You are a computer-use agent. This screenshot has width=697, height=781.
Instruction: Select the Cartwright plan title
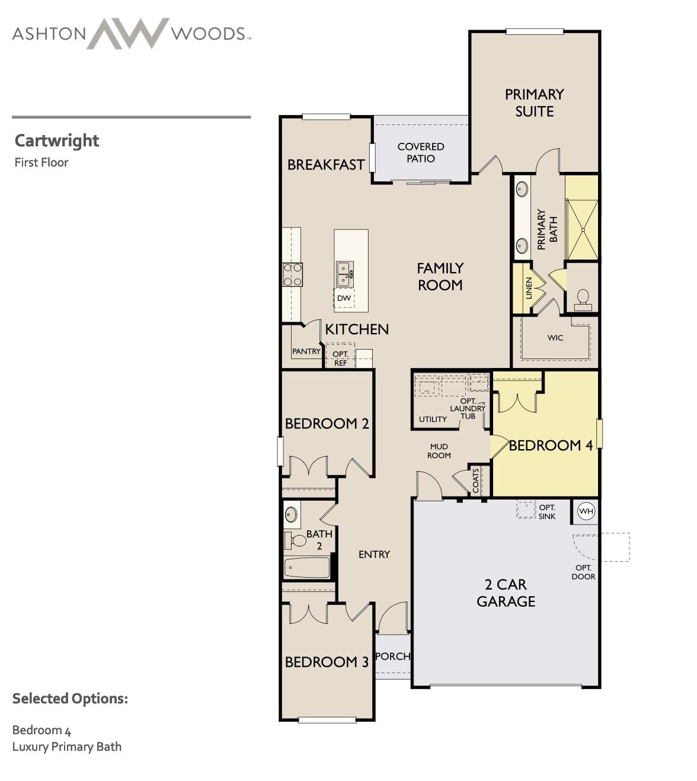click(x=57, y=140)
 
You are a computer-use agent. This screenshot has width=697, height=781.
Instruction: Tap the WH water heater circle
click(x=586, y=511)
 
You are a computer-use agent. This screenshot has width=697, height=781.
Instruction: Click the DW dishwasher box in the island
click(x=344, y=298)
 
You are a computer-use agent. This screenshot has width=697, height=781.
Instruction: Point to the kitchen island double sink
click(x=345, y=274)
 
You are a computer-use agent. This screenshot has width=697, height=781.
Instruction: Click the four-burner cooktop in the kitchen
click(x=292, y=274)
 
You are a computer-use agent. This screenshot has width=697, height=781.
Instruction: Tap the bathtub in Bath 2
click(x=306, y=568)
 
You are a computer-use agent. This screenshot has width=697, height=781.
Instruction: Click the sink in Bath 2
click(x=291, y=514)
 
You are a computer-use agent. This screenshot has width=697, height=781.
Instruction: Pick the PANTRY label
click(x=306, y=351)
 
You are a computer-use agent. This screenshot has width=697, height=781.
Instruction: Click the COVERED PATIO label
click(x=421, y=152)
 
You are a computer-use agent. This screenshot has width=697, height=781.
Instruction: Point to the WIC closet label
click(x=555, y=338)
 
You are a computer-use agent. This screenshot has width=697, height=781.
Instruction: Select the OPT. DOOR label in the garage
click(x=583, y=572)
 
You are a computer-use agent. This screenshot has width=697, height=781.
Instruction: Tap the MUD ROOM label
click(x=439, y=451)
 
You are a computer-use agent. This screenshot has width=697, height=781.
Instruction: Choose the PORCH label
click(x=393, y=656)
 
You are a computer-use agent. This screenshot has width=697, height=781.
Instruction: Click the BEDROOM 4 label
click(x=551, y=446)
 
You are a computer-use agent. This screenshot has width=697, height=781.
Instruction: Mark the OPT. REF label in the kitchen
click(x=340, y=359)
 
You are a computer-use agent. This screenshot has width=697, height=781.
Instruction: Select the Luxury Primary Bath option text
click(x=67, y=747)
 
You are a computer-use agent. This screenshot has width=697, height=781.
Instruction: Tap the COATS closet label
click(x=476, y=481)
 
